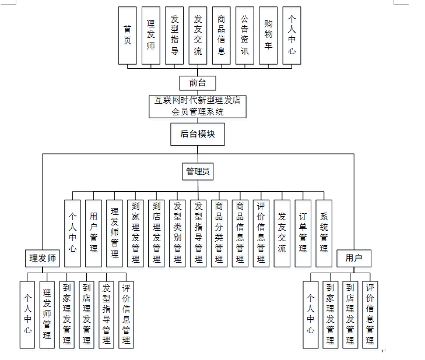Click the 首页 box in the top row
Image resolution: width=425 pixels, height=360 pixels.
pos(127,35)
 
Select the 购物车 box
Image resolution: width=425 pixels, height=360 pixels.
pos(268,35)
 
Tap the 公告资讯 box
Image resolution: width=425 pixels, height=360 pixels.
pos(245,35)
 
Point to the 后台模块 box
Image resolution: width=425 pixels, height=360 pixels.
pos(198,133)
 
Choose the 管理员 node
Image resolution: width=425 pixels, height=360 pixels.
pos(198,171)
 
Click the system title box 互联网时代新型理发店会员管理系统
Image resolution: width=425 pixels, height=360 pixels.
pos(197,106)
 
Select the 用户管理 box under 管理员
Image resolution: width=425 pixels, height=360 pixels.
pos(93,233)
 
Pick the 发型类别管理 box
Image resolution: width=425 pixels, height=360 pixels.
pos(177,233)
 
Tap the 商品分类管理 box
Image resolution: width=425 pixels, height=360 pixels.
pos(219,233)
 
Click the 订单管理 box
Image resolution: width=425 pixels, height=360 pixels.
pos(303,233)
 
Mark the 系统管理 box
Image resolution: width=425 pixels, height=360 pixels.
pos(324,233)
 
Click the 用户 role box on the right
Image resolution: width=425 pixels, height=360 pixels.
pos(354,258)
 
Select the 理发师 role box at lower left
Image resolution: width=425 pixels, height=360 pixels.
pos(43,258)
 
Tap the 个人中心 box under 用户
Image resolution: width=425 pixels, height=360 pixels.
pos(311,314)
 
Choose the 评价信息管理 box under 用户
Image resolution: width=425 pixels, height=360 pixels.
pos(370,314)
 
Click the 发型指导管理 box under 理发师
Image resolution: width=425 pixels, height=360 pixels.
pos(106,314)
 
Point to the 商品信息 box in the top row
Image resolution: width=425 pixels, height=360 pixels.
pos(221,35)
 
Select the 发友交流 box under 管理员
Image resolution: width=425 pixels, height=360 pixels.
pos(282,233)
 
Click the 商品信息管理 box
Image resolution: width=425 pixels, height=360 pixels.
pos(240,233)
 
